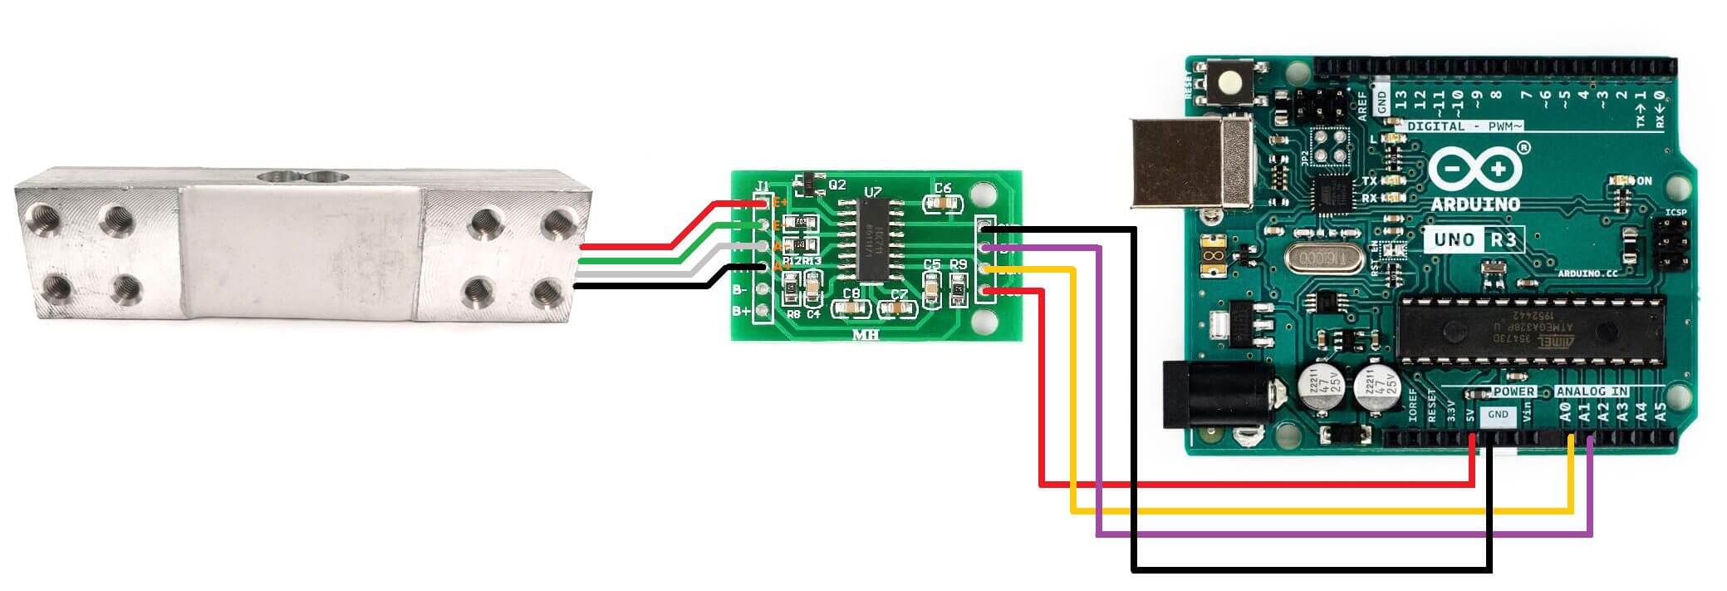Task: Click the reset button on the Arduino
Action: [x=1229, y=83]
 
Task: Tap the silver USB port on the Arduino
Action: [x=1190, y=161]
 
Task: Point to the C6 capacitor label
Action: [x=942, y=189]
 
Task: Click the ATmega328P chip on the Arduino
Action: [x=1530, y=328]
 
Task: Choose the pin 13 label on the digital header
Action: [x=1401, y=102]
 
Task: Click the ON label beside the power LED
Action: [x=1643, y=181]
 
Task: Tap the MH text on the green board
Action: [x=866, y=335]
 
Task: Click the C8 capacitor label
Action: [x=851, y=294]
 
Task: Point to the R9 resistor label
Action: [x=959, y=265]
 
